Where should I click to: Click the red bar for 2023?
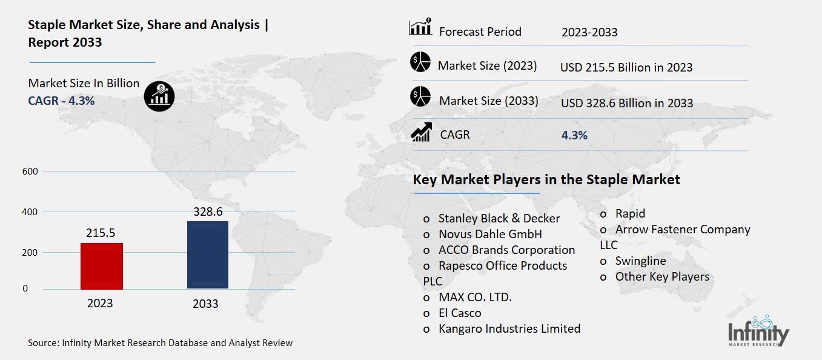tap(102, 266)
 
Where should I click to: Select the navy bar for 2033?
tap(208, 255)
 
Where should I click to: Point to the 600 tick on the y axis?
tap(31, 172)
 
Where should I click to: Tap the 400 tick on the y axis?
tap(31, 212)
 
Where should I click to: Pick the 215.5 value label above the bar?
tap(100, 233)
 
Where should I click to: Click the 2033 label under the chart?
tap(205, 304)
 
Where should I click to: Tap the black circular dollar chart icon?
tap(159, 96)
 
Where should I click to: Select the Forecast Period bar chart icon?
tap(420, 27)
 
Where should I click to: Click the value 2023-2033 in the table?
tap(589, 32)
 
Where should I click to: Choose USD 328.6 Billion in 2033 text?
tap(627, 103)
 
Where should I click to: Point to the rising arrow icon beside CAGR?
tap(421, 133)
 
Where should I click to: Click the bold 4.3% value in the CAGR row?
tap(574, 135)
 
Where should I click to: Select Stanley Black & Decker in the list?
tap(499, 218)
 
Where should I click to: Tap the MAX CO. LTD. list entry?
tap(475, 297)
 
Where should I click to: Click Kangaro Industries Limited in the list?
tap(509, 328)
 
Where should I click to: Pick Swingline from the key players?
tap(640, 261)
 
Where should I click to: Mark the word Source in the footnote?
tap(43, 343)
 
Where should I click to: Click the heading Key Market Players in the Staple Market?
tap(546, 179)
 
